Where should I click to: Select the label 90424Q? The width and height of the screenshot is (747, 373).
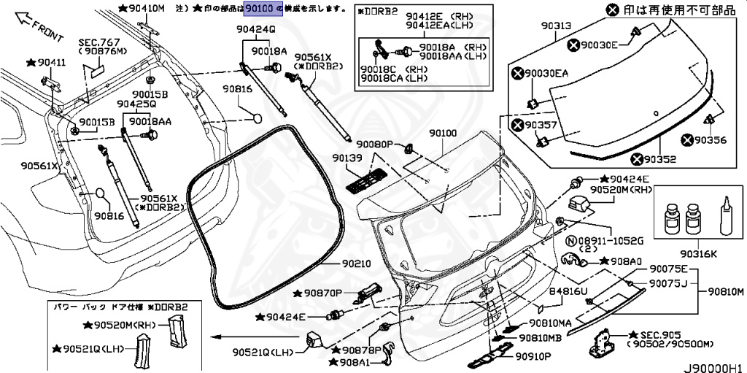(255, 30)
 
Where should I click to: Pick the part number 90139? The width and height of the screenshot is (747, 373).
(347, 158)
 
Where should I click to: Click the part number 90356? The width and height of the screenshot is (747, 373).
(710, 140)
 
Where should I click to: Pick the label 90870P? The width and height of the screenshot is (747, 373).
(323, 293)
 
